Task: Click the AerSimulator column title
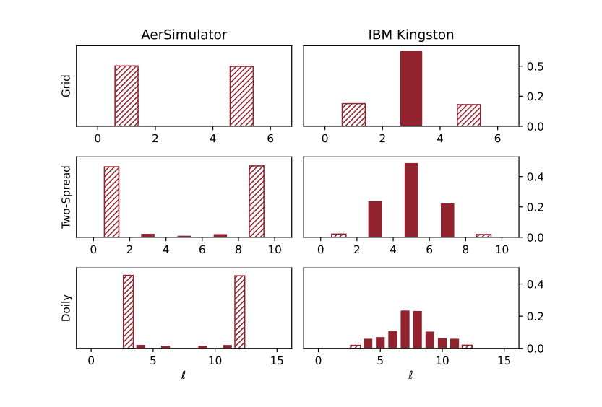(184, 35)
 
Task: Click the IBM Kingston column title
(410, 35)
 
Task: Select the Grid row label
(66, 86)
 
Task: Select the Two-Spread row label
(66, 197)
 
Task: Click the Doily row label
(66, 308)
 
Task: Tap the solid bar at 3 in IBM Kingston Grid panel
(410, 89)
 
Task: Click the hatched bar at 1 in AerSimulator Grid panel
(126, 96)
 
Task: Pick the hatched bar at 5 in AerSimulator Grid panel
(241, 96)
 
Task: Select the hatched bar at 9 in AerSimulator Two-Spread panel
(257, 201)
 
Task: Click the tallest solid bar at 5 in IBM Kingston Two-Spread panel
(411, 200)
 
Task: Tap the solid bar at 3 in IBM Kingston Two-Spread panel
(375, 219)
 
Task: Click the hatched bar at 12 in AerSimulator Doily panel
(240, 312)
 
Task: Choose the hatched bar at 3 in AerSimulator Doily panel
(129, 312)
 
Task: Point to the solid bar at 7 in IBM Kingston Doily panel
(405, 330)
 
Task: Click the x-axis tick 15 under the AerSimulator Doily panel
(277, 360)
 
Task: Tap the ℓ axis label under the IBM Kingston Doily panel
(410, 375)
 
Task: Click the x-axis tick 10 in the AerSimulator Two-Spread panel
(275, 249)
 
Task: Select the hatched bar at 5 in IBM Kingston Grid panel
(468, 115)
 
